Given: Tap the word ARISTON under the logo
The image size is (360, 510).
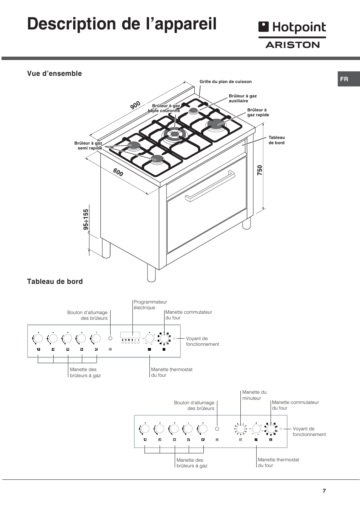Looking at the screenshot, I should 292,45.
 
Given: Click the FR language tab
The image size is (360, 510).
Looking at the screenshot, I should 344,79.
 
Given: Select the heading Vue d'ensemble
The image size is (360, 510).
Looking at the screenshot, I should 54,74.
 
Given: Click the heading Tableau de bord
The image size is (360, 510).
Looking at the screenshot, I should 55,282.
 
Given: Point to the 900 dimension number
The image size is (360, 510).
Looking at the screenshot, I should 135,105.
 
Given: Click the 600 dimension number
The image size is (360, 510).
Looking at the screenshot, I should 118,173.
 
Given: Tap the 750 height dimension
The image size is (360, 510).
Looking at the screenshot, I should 260,170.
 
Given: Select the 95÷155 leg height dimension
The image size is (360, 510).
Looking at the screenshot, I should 86,220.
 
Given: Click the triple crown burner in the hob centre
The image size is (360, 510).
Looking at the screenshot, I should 174,134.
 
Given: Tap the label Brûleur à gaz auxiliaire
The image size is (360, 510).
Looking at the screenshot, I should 243,99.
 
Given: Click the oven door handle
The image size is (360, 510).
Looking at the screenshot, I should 210,186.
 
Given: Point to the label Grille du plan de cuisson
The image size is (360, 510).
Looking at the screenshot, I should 225,82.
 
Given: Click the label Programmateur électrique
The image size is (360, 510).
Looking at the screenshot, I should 150,305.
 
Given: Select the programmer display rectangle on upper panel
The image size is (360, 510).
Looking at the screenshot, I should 130,335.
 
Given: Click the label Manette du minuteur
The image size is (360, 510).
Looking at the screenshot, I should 254,395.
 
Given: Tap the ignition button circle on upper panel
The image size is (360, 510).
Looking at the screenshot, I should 110,338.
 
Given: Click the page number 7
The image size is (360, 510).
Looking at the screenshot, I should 324,491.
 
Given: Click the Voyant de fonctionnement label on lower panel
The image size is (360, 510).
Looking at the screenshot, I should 309,431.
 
